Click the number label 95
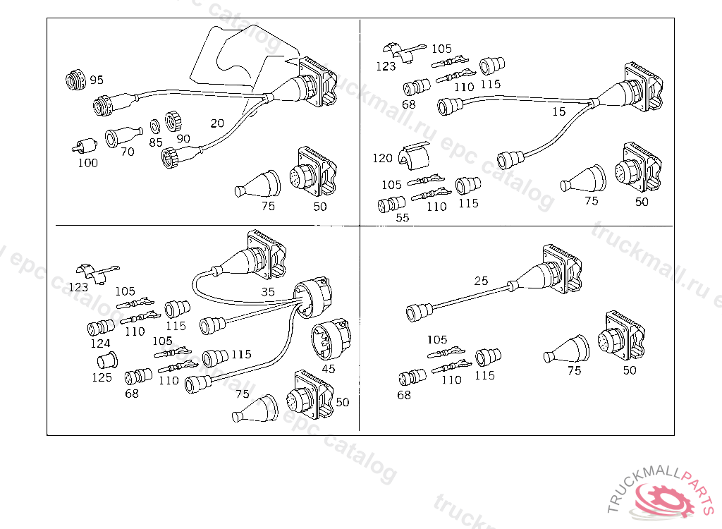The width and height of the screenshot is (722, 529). coord(97,80)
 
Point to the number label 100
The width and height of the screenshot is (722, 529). coord(87,163)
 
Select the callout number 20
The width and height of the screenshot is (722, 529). coord(217,123)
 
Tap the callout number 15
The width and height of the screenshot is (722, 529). coord(558,111)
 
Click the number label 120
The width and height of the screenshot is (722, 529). coord(382,158)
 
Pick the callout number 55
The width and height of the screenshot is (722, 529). coord(402,218)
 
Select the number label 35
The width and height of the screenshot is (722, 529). coord(268,291)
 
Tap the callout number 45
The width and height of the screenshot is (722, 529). coord(329,368)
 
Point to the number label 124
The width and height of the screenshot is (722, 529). coord(100,343)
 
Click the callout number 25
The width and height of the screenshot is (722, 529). coord(481,281)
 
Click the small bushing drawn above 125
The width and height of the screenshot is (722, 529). coord(106,361)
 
